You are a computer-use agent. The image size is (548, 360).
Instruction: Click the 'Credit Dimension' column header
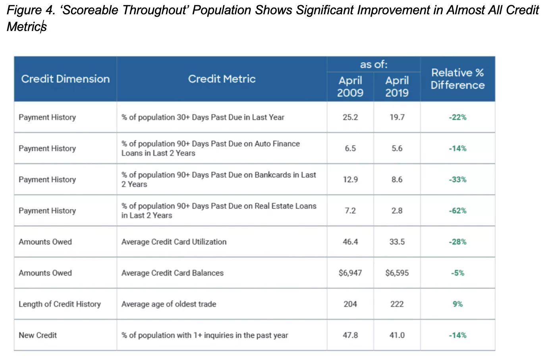click(66, 79)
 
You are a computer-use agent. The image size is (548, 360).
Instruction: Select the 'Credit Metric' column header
click(222, 79)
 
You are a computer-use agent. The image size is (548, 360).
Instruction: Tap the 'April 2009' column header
click(350, 87)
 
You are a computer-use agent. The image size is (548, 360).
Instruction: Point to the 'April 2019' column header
click(397, 87)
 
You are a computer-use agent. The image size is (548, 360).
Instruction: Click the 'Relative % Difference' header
click(457, 79)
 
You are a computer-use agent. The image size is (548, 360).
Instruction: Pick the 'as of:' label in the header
click(373, 64)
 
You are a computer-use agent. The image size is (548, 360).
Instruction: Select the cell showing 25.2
click(350, 117)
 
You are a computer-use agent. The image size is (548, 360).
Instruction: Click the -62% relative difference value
click(457, 211)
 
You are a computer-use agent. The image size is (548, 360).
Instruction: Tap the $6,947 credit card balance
click(350, 273)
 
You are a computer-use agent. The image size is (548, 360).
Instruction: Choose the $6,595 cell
click(397, 273)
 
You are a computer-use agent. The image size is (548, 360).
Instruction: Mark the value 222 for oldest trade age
click(397, 304)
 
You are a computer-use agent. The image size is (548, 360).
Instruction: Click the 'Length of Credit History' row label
click(60, 304)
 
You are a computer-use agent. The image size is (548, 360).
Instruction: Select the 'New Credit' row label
click(38, 335)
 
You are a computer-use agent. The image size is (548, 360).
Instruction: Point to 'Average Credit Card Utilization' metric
click(174, 242)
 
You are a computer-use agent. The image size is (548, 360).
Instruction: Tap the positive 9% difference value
click(457, 304)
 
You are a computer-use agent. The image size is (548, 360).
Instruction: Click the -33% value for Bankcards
click(457, 180)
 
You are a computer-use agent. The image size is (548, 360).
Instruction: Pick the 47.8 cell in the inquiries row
click(350, 335)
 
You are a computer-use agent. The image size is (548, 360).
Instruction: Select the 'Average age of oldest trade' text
click(169, 304)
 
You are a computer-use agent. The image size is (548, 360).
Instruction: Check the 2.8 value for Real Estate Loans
click(397, 211)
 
